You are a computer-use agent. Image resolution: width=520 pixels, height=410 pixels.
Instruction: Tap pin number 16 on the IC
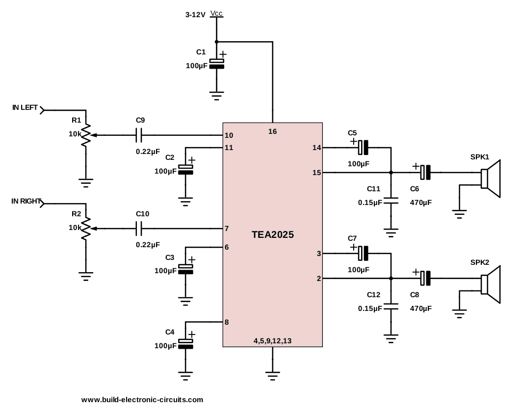273,131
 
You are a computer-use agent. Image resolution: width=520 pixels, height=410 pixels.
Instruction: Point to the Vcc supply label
216,13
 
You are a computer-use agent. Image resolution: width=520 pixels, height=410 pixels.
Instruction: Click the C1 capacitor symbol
216,63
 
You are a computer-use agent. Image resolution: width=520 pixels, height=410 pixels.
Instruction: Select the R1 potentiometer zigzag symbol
86,134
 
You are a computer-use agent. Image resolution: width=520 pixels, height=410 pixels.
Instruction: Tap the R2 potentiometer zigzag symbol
86,228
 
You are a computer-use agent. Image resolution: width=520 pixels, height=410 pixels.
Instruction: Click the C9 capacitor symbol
139,134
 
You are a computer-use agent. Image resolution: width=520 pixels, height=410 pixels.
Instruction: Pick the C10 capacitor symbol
139,228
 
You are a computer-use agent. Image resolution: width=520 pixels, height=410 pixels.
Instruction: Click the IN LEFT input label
25,108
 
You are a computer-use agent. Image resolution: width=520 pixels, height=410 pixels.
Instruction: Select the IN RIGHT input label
26,202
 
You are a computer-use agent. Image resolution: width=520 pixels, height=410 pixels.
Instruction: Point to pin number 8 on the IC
227,322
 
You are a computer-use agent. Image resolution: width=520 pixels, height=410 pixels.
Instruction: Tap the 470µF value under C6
421,202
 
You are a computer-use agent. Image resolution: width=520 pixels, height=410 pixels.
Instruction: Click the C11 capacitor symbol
391,200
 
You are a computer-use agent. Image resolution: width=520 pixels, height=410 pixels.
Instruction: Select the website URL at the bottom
142,400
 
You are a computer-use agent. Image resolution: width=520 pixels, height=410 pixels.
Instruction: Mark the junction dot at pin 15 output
391,172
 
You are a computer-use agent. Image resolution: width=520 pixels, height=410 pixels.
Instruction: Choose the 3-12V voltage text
195,15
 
